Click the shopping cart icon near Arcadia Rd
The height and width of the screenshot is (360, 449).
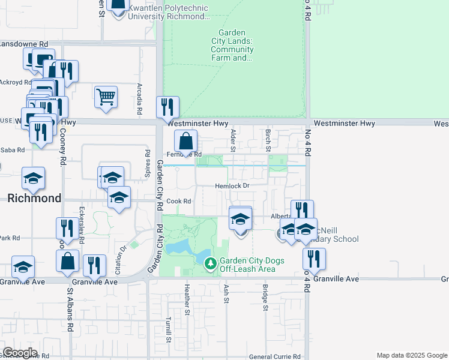pyautogui.click(x=106, y=97)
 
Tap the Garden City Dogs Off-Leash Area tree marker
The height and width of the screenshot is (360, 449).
pyautogui.click(x=210, y=263)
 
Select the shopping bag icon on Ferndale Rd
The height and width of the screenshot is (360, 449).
pyautogui.click(x=186, y=142)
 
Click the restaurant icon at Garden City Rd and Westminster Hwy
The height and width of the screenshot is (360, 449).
pyautogui.click(x=167, y=107)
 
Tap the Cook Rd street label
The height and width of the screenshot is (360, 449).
pyautogui.click(x=179, y=202)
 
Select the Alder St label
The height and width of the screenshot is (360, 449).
pyautogui.click(x=232, y=139)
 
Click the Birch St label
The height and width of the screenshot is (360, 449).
pyautogui.click(x=267, y=139)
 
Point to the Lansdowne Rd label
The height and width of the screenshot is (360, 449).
pyautogui.click(x=24, y=44)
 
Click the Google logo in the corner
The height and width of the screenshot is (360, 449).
pyautogui.click(x=20, y=353)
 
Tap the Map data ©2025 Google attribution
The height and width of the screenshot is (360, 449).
pyautogui.click(x=411, y=355)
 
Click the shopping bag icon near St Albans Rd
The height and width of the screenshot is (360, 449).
pyautogui.click(x=67, y=261)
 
